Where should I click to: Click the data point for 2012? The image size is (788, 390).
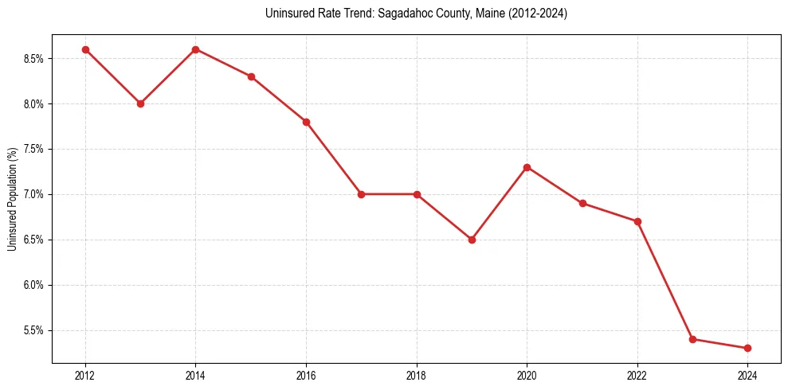[x=85, y=49]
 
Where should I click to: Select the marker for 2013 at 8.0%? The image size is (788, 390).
[x=140, y=103]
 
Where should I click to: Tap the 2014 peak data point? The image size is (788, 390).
[x=195, y=49]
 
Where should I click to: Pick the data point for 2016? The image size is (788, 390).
[x=306, y=122]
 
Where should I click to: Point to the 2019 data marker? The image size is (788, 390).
[x=472, y=240]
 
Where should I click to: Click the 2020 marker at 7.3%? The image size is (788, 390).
[x=527, y=167]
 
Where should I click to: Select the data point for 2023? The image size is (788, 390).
[x=692, y=339]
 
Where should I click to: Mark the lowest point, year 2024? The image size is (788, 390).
[x=747, y=348]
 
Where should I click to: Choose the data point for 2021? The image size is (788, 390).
[x=582, y=203]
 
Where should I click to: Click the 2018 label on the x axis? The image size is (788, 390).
[x=416, y=376]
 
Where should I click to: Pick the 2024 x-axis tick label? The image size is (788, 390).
[x=747, y=376]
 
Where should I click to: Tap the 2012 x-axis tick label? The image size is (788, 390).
[x=85, y=376]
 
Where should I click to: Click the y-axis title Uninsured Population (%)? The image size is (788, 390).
[x=12, y=199]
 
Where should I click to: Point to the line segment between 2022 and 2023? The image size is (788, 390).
[x=665, y=280]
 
